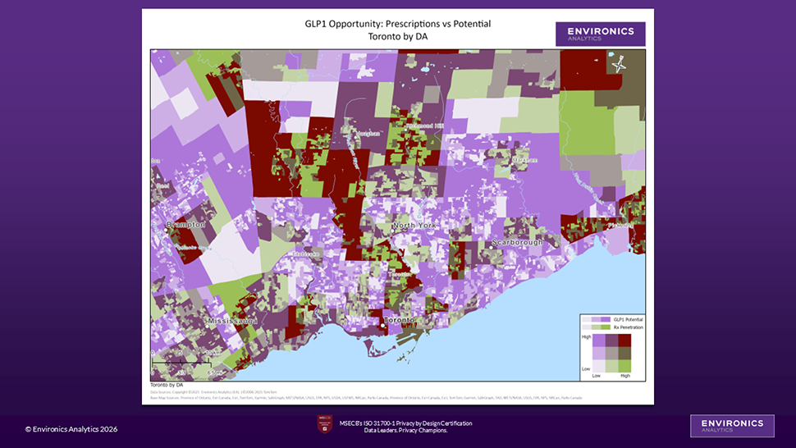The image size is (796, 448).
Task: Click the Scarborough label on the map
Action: [x=518, y=243]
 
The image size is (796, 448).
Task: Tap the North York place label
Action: [x=415, y=226]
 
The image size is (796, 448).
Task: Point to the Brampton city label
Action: [x=185, y=225]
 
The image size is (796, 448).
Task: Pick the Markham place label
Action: [x=525, y=160]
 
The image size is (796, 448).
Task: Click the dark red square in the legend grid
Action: [x=624, y=340]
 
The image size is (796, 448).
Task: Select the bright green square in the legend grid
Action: [x=624, y=365]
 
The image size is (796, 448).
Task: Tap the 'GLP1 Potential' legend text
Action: [x=628, y=318]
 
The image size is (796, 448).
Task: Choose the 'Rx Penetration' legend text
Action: [x=628, y=327]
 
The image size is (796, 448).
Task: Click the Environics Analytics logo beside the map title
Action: [x=600, y=34]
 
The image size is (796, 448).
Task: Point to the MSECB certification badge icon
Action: [x=325, y=425]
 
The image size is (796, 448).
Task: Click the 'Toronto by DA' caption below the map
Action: [x=167, y=384]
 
